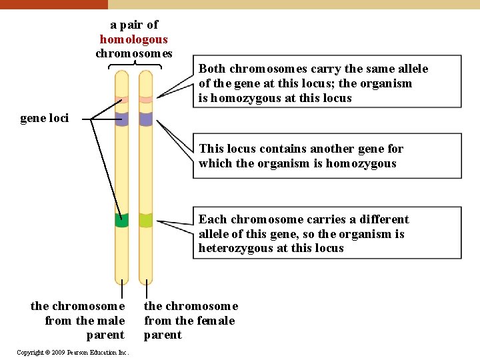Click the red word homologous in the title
pyautogui.click(x=133, y=39)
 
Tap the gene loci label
pyautogui.click(x=44, y=119)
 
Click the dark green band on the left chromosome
pyautogui.click(x=121, y=221)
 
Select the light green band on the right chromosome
pyautogui.click(x=145, y=220)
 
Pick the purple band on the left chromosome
pyautogui.click(x=121, y=119)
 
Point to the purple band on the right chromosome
pyautogui.click(x=145, y=119)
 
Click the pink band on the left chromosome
pyautogui.click(x=121, y=100)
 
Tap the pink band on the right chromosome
pyautogui.click(x=145, y=100)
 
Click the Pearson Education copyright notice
pyautogui.click(x=73, y=352)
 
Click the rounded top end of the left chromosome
pyautogui.click(x=121, y=75)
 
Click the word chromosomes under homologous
pyautogui.click(x=133, y=53)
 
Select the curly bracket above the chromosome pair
pyautogui.click(x=135, y=65)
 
